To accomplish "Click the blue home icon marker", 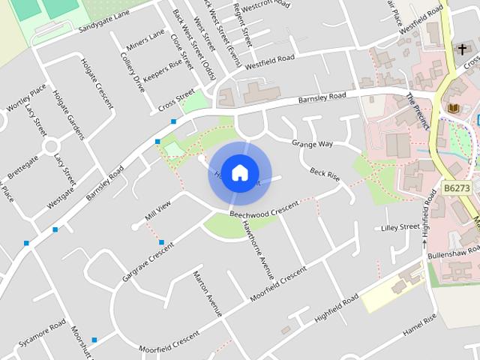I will [x=239, y=172].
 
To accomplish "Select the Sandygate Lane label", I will [x=103, y=22].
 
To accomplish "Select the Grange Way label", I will [x=312, y=143].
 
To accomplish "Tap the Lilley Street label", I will [x=400, y=226].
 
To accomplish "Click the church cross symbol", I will [x=463, y=50].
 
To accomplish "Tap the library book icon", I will [x=454, y=109].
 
